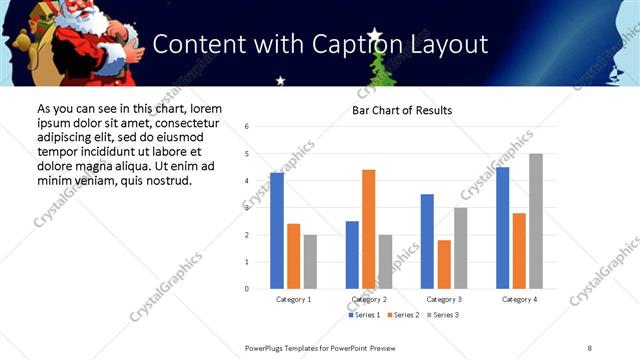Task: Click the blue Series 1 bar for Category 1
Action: pos(277,231)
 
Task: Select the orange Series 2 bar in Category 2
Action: pos(368,229)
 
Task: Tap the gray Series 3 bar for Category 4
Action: pos(536,221)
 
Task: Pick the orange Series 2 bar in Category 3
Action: pos(444,264)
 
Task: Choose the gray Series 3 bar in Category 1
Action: pos(310,262)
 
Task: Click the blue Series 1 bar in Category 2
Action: pos(352,255)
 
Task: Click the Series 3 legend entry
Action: pos(444,315)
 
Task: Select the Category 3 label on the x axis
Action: pos(444,299)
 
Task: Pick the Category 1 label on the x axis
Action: pos(293,299)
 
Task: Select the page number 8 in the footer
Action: pos(590,346)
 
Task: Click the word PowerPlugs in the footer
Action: pos(266,346)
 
